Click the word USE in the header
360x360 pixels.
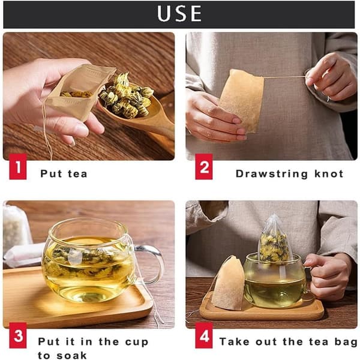[x=179, y=14]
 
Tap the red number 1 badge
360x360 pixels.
[x=18, y=166]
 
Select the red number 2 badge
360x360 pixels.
[x=204, y=166]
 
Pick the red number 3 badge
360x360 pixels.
[x=18, y=335]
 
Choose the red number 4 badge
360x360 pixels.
[x=204, y=335]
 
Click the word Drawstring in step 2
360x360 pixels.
[x=272, y=174]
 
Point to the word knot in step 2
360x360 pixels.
[x=329, y=173]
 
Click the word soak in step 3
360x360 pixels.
[x=71, y=355]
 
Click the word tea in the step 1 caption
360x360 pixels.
[x=77, y=174]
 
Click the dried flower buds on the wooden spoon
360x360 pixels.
[x=126, y=97]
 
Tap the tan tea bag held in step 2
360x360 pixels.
[x=242, y=101]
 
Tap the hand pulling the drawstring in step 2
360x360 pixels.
[x=331, y=77]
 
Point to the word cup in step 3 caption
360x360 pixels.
[x=137, y=343]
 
